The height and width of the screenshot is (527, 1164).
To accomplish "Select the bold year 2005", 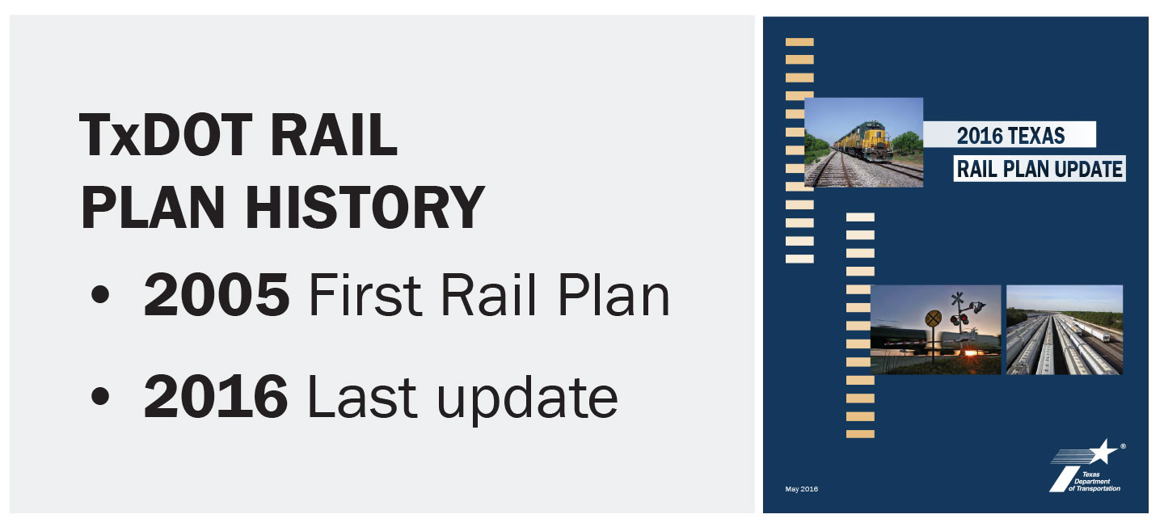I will click(x=216, y=297).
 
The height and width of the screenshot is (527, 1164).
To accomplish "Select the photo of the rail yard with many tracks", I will click(x=1064, y=330).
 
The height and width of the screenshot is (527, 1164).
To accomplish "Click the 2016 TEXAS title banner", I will click(x=1010, y=135).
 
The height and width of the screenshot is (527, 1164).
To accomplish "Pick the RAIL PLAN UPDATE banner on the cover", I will click(x=1039, y=169).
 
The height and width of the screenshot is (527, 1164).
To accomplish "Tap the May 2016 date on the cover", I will click(x=801, y=490).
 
